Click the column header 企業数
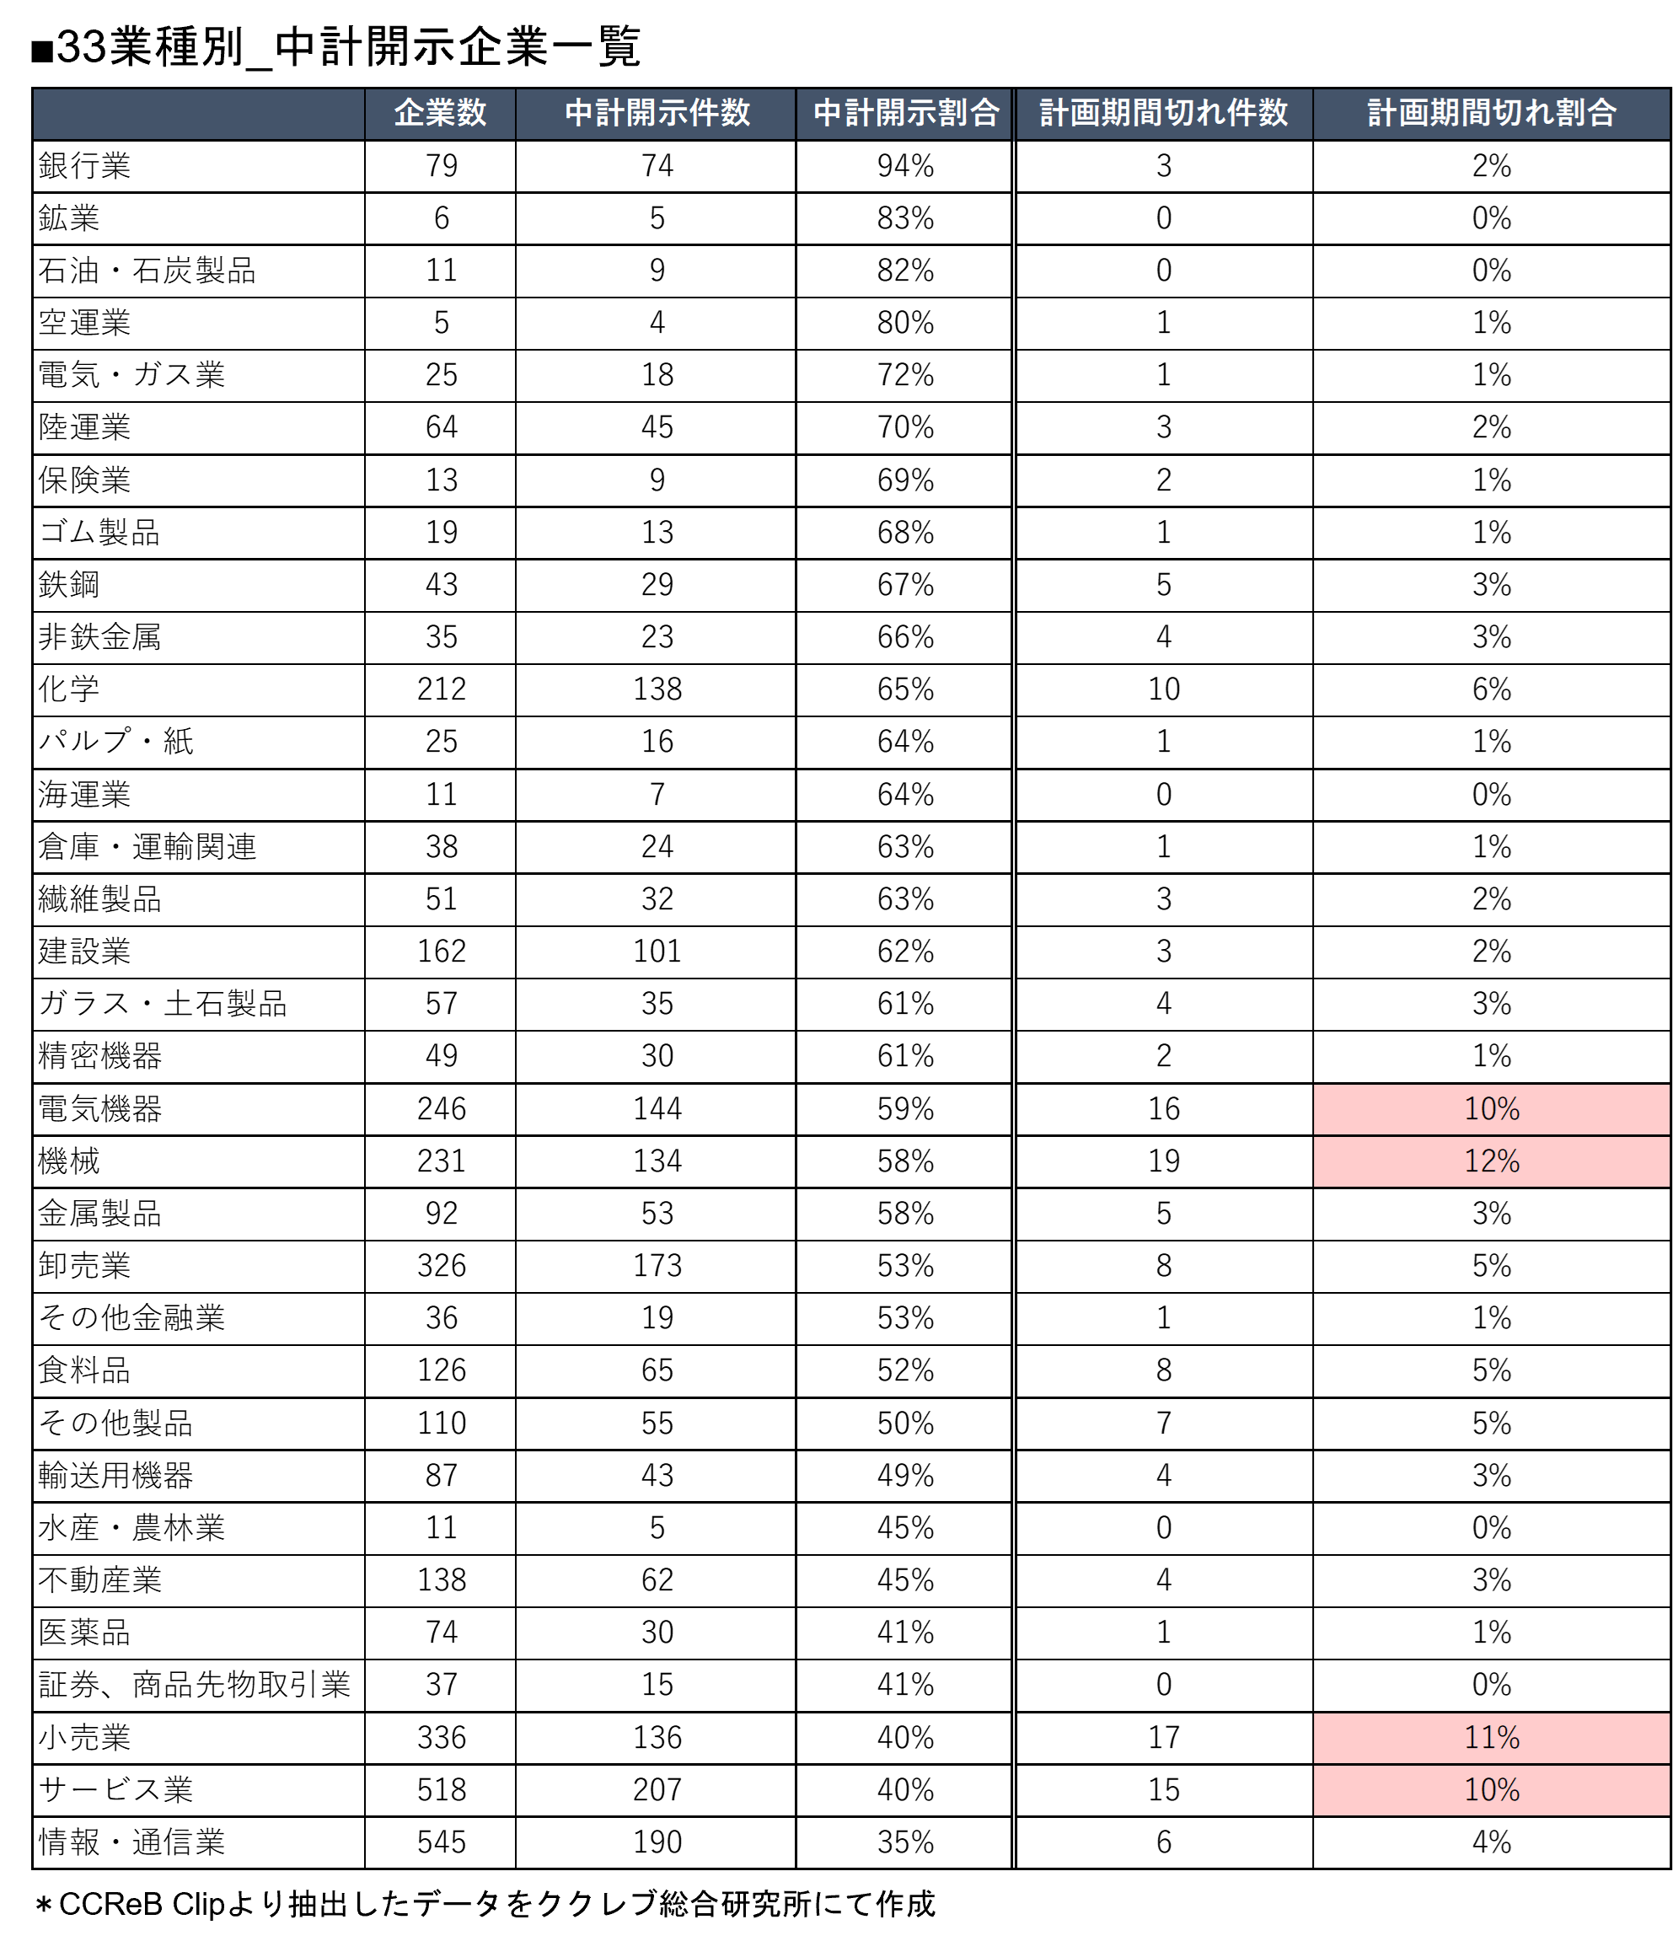tap(440, 113)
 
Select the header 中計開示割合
tap(906, 113)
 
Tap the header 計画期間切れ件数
tap(1163, 113)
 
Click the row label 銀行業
tap(84, 167)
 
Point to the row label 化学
tap(68, 689)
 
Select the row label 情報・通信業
tap(131, 1842)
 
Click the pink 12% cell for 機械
tap(1491, 1161)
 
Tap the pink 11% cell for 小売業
tap(1491, 1738)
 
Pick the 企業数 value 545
tap(441, 1842)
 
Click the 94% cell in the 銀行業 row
tap(906, 167)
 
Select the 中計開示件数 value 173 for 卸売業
tap(657, 1267)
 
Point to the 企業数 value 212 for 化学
tap(441, 689)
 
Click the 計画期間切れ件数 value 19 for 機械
tap(1163, 1161)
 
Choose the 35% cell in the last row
tap(906, 1842)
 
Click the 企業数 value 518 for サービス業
tap(441, 1790)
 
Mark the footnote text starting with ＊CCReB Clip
tap(485, 1904)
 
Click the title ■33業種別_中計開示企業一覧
tap(336, 47)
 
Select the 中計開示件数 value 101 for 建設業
tap(657, 952)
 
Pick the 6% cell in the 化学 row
tap(1491, 689)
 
